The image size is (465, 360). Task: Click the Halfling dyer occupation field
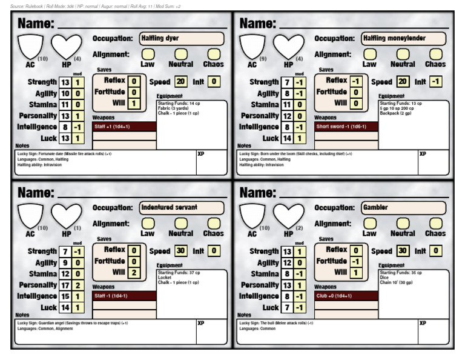pos(182,38)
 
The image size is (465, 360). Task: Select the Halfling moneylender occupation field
pos(403,38)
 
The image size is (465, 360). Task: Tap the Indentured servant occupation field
pos(182,207)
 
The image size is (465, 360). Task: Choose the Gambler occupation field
pos(403,207)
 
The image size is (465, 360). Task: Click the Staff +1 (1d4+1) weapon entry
pos(124,127)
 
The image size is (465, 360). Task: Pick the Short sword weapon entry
pos(346,127)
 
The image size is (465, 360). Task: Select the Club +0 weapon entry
pos(346,296)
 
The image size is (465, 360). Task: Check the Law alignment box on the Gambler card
pos(369,224)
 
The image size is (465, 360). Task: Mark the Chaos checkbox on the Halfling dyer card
pos(213,55)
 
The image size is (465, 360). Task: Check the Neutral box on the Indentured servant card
pos(180,224)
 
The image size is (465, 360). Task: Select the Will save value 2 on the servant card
pos(134,273)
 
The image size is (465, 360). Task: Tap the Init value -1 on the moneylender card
pos(437,81)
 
